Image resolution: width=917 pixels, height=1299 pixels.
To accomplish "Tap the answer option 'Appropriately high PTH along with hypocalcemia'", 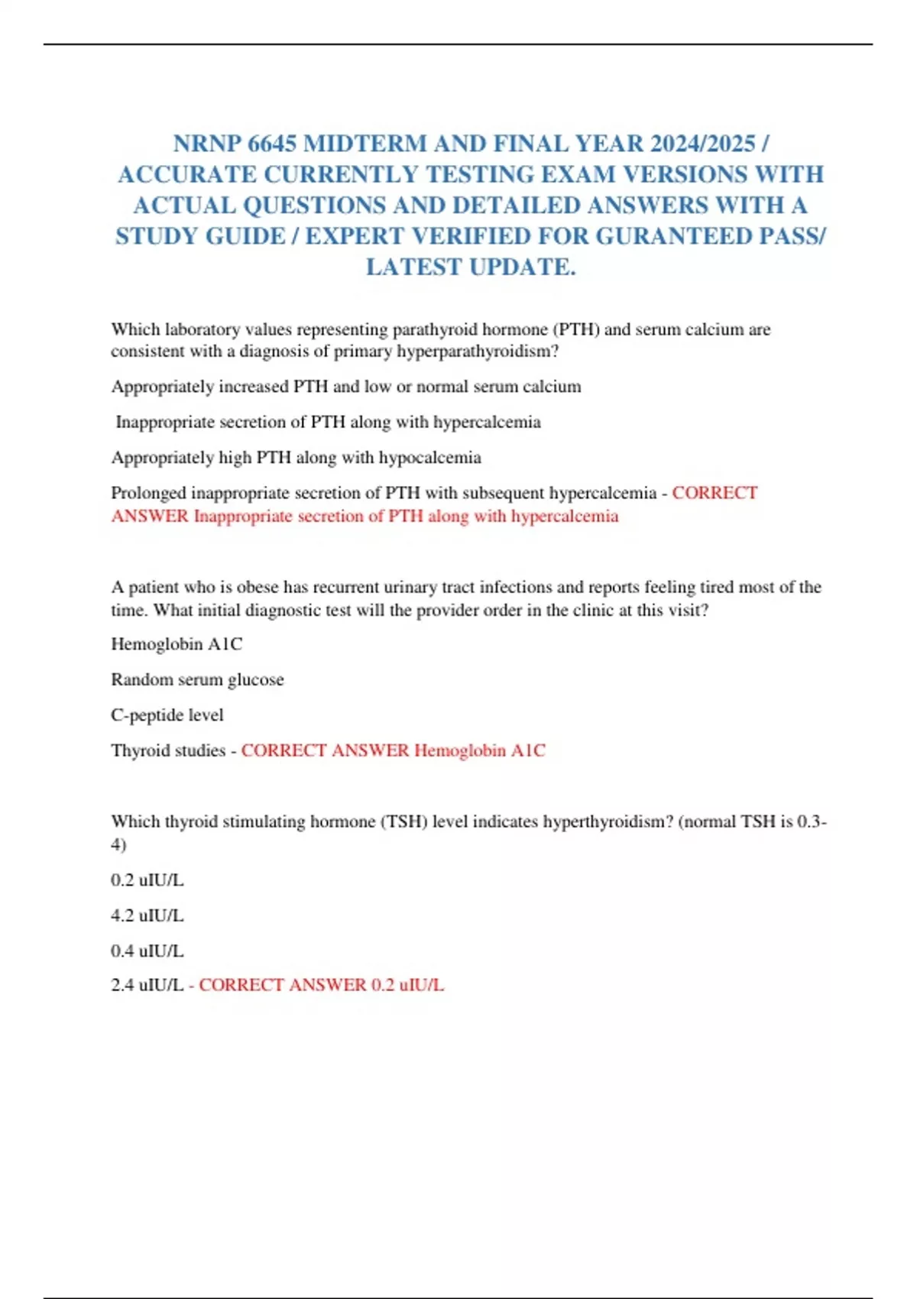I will pos(296,458).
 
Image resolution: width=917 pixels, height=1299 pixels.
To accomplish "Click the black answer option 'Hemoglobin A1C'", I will pos(177,644).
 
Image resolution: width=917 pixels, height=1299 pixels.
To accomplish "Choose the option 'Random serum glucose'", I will pos(197,679).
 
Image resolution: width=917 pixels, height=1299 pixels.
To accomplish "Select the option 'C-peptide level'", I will pos(167,715).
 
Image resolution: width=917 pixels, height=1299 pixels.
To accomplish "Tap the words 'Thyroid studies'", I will pos(168,750).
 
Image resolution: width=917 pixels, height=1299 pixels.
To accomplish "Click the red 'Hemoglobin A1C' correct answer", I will pos(480,750).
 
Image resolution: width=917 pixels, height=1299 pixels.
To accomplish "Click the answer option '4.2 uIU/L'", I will pos(147,915).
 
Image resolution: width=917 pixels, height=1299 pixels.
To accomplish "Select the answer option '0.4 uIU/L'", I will pos(147,951).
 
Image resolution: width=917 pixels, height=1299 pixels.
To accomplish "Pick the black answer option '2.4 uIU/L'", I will pos(147,985).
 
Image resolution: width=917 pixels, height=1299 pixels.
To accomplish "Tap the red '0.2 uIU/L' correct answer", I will pos(407,985).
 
